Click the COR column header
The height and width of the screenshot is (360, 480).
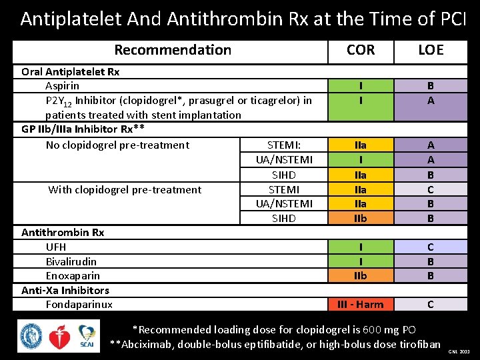[361, 50]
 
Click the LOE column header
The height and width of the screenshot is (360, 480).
[430, 50]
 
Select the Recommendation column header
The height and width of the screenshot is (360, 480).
[173, 50]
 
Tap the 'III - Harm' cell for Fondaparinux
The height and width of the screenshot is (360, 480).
[361, 305]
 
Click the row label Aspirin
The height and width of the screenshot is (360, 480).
[62, 86]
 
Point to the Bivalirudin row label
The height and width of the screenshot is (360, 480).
[71, 261]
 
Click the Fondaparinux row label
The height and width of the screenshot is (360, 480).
[79, 305]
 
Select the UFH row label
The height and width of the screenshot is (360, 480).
[56, 247]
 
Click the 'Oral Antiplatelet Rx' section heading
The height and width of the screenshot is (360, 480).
[71, 71]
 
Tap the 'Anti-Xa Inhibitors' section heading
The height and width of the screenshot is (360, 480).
[65, 290]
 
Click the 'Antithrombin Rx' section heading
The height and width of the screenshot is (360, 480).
[63, 232]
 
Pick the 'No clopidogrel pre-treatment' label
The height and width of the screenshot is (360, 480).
[117, 145]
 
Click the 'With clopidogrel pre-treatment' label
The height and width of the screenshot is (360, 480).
[125, 189]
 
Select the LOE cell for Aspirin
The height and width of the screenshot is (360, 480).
[430, 86]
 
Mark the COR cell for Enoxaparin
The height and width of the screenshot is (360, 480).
[361, 276]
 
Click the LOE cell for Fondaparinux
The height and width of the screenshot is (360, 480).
[430, 305]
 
